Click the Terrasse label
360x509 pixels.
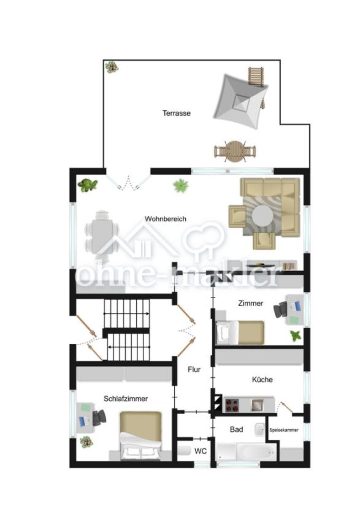pyautogui.click(x=176, y=113)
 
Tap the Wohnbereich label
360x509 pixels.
pyautogui.click(x=166, y=219)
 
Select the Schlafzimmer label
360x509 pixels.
pyautogui.click(x=126, y=399)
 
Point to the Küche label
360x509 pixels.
pyautogui.click(x=262, y=380)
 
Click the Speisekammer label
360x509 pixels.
pyautogui.click(x=284, y=430)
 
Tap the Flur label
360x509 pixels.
pyautogui.click(x=194, y=369)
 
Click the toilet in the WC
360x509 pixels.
pyautogui.click(x=185, y=450)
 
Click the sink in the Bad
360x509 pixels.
pyautogui.click(x=260, y=429)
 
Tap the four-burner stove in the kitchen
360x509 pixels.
pyautogui.click(x=232, y=405)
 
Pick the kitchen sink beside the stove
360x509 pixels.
pyautogui.click(x=257, y=405)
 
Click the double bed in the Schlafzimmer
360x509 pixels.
pyautogui.click(x=140, y=435)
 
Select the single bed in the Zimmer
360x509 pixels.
pyautogui.click(x=240, y=332)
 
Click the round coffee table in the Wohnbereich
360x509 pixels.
pyautogui.click(x=262, y=216)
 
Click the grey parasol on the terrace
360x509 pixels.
pyautogui.click(x=241, y=101)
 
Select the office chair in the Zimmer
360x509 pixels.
pyautogui.click(x=280, y=310)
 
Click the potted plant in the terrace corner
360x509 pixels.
pyautogui.click(x=112, y=67)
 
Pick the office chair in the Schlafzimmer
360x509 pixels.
pyautogui.click(x=99, y=418)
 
